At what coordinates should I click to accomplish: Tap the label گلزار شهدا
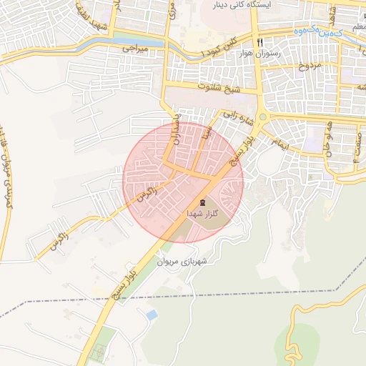click(202, 214)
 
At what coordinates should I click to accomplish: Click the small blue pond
click(151, 315)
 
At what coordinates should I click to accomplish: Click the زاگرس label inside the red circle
click(147, 189)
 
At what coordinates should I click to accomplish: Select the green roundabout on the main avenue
click(262, 117)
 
